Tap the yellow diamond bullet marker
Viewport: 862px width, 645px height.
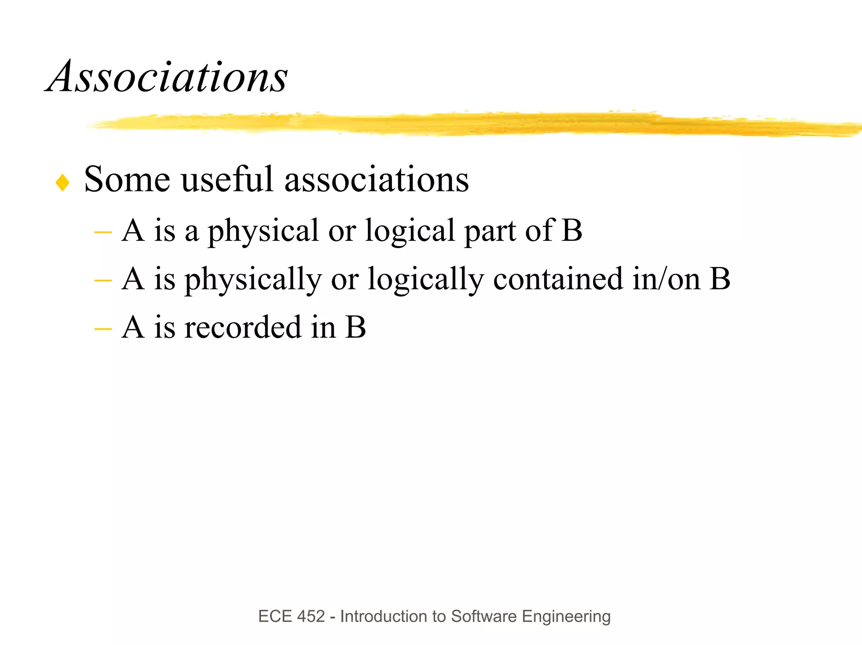[62, 182]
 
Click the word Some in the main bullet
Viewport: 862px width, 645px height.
[127, 180]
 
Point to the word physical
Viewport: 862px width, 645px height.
[263, 231]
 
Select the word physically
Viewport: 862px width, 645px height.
[253, 280]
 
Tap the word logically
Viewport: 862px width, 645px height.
[426, 280]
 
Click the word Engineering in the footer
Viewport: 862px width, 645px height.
[566, 617]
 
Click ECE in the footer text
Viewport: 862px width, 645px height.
[275, 616]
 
